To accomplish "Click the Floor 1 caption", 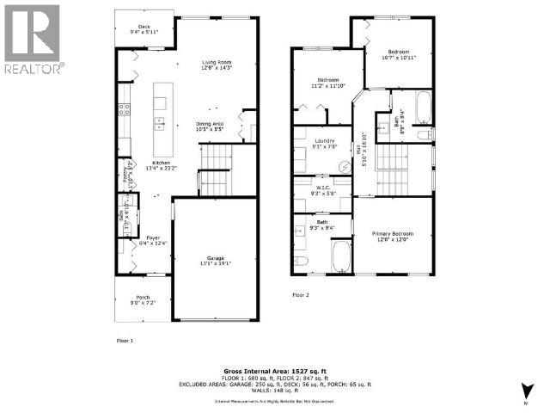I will coord(125,341).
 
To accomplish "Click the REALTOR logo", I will coord(32,39).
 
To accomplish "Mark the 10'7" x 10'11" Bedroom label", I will coord(399,55).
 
